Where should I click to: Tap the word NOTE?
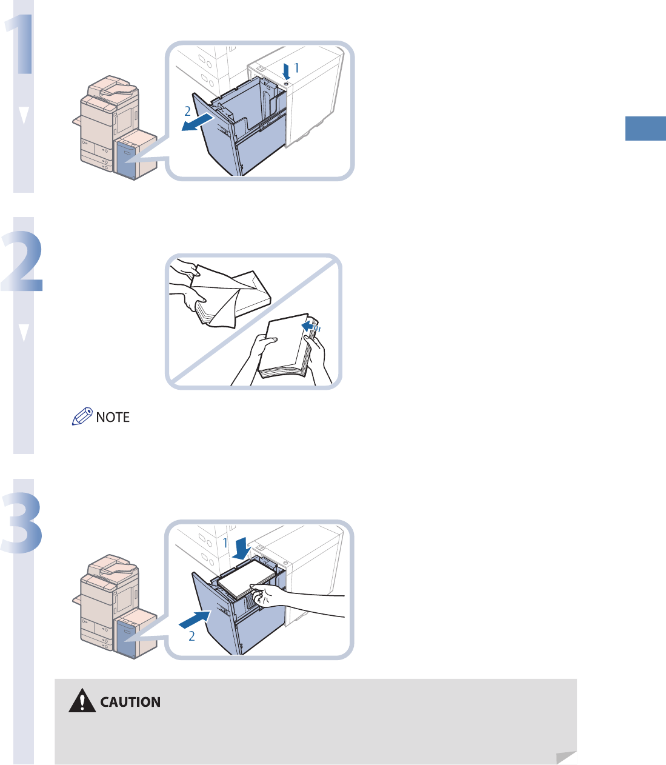[113, 417]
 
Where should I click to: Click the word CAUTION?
[130, 702]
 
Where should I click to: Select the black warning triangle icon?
[82, 701]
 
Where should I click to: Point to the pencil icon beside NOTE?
[82, 417]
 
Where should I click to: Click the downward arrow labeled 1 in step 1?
[286, 72]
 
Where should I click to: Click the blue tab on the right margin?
[645, 129]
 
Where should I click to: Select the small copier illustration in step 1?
[112, 127]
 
